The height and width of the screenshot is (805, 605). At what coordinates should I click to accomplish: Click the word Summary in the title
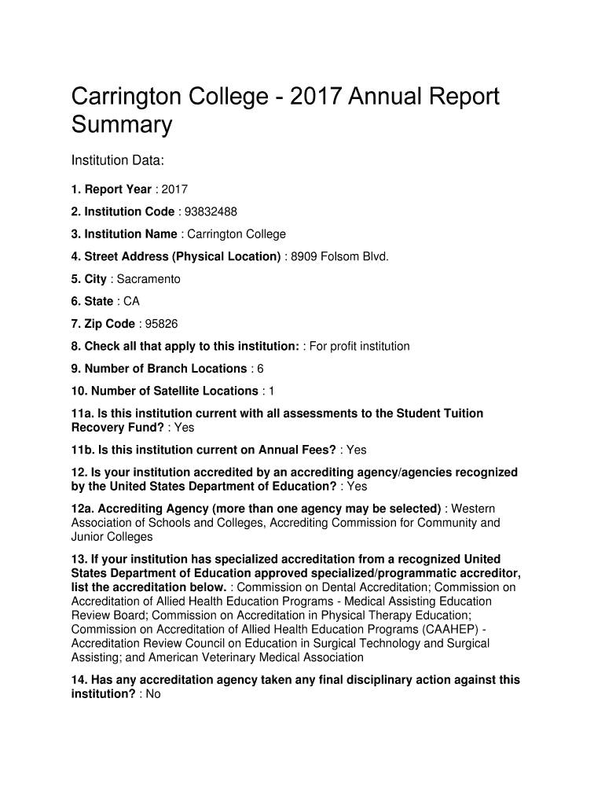pos(121,125)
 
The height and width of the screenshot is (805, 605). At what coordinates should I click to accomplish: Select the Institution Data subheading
pos(117,160)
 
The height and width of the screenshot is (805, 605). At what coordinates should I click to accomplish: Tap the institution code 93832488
pos(210,211)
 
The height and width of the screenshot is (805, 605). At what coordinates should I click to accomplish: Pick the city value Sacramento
pos(148,279)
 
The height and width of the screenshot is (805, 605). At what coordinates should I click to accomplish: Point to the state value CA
pos(131,301)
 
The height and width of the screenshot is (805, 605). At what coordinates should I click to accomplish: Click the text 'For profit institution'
pos(359,346)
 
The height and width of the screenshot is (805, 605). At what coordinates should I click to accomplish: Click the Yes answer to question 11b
pos(356,450)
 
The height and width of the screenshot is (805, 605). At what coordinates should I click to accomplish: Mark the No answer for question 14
pos(152,694)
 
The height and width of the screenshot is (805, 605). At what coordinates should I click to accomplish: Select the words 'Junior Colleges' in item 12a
pos(112,537)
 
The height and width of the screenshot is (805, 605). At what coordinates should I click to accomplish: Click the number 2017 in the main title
pos(315,97)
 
